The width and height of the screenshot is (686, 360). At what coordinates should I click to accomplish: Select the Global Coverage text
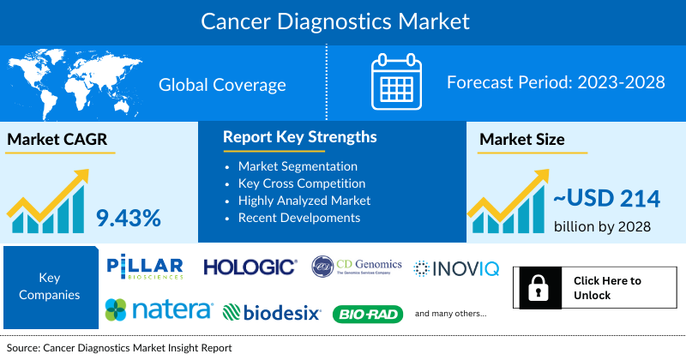tap(222, 85)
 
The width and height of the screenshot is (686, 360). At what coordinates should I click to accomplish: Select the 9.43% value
tap(129, 218)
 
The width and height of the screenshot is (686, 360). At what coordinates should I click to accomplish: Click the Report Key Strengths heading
tap(299, 137)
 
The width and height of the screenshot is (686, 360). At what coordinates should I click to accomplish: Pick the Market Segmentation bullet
tap(298, 165)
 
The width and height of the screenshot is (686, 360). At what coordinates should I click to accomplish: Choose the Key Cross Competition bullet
tap(302, 183)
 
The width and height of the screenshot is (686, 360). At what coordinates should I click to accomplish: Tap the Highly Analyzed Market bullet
tap(304, 200)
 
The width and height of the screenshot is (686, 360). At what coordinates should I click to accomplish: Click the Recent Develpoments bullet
tap(298, 217)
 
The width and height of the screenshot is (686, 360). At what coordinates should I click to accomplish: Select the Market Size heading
tap(521, 140)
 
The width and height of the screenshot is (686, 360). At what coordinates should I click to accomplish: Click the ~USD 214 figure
tap(605, 199)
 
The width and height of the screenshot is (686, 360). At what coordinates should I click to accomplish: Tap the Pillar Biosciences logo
tap(145, 267)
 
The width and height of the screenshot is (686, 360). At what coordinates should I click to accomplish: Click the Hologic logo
tap(250, 268)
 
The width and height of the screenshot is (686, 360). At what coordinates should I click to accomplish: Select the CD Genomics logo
tap(356, 267)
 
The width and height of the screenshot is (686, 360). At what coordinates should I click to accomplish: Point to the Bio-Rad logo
tap(367, 315)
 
